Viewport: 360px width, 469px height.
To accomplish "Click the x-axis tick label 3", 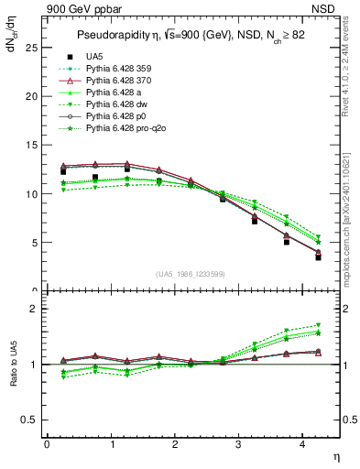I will pos(239,442).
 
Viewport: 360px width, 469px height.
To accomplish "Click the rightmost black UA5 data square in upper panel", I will pos(319,257).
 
